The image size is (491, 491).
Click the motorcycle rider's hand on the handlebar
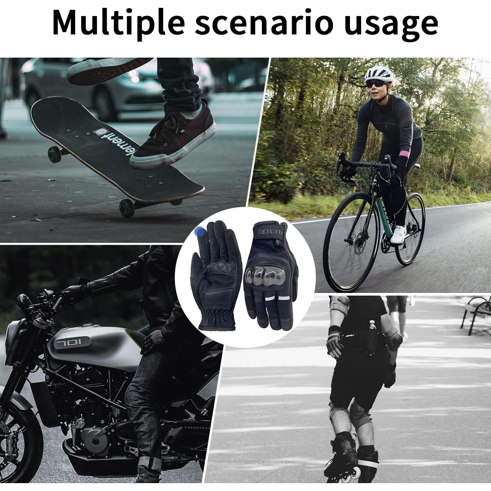(x=75, y=290)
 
